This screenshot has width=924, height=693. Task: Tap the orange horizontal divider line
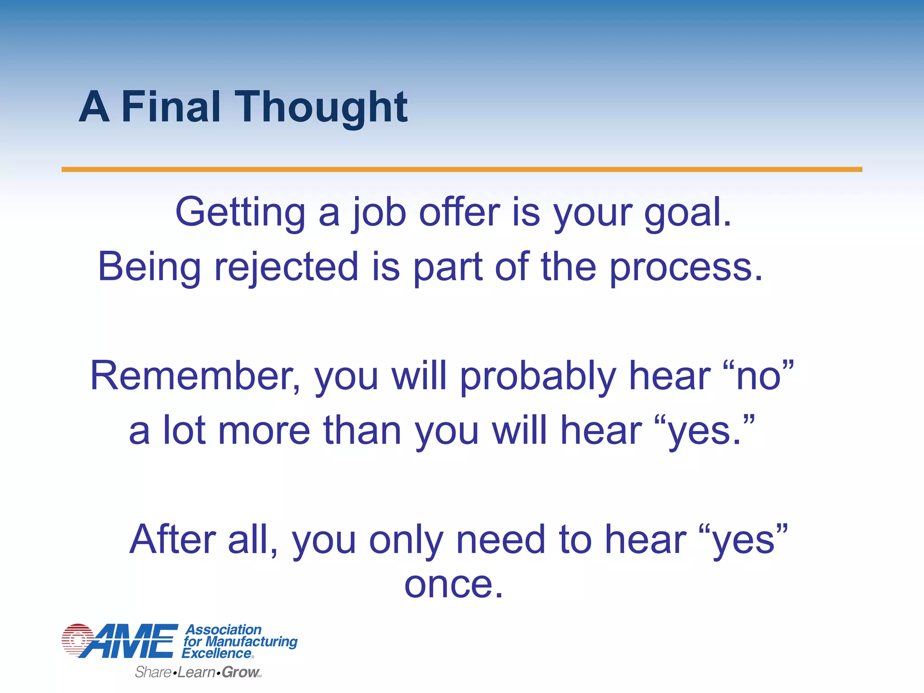(462, 169)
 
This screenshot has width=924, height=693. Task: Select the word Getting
(240, 213)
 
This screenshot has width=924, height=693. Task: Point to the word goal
(687, 213)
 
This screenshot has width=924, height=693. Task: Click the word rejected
(286, 267)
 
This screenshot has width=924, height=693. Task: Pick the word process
(685, 268)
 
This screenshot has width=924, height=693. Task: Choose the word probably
(538, 377)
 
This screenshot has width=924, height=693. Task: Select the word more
(264, 430)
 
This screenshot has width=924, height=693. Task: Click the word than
(362, 430)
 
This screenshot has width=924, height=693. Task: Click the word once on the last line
(453, 585)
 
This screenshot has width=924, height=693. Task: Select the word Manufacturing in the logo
(251, 642)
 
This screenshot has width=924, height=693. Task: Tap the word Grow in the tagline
(240, 672)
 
